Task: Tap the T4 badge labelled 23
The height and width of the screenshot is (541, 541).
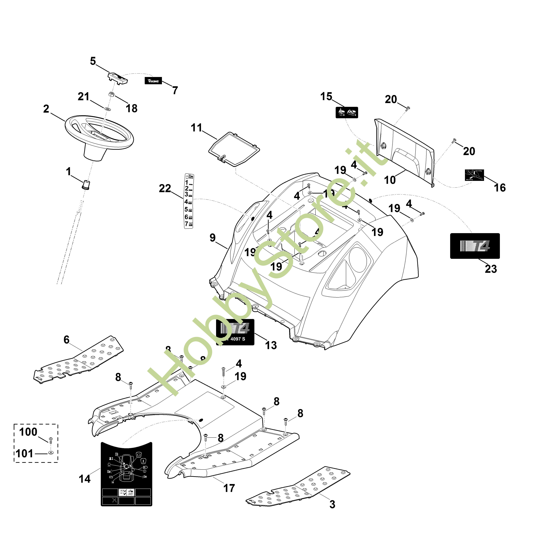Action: click(475, 246)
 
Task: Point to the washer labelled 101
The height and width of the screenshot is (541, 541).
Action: click(51, 453)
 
